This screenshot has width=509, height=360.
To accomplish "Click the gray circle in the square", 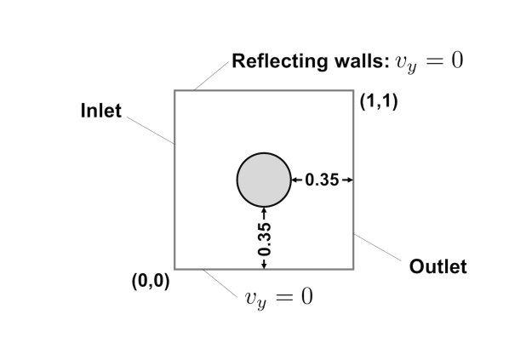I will (263, 180).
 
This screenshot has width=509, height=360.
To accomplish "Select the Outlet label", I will (438, 266).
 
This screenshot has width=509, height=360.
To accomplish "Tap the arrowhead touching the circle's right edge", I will (295, 180).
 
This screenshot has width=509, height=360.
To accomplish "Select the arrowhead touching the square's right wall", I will (349, 180).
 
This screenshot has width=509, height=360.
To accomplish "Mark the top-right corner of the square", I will (353, 90).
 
